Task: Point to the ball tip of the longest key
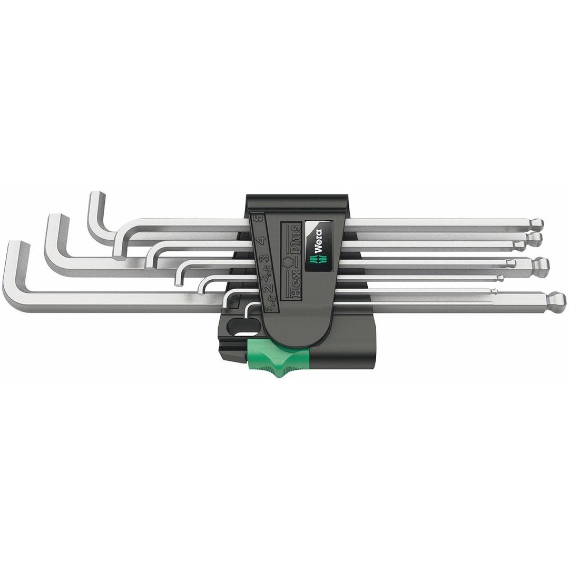[x=556, y=302]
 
